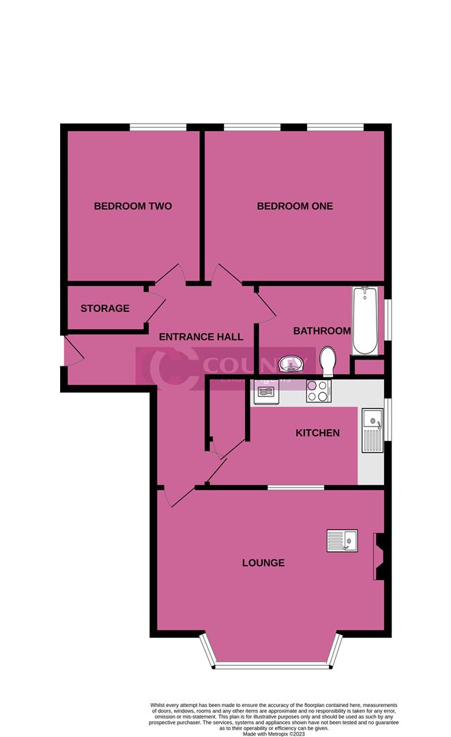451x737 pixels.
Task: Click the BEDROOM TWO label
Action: tap(132, 206)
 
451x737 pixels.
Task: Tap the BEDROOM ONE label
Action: tap(295, 206)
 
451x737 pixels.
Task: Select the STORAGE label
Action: tap(105, 308)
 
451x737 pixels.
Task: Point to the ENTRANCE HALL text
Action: tap(201, 337)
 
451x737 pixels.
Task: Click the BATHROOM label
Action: tap(322, 331)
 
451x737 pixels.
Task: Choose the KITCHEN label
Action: tap(317, 433)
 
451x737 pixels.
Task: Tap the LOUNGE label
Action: tap(263, 563)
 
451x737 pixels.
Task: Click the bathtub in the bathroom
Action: tap(365, 321)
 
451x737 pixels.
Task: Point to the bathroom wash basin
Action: tap(294, 362)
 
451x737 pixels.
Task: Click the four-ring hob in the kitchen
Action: tap(319, 391)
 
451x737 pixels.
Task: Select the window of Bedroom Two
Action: tap(158, 127)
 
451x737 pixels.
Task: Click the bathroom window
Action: tap(388, 319)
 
